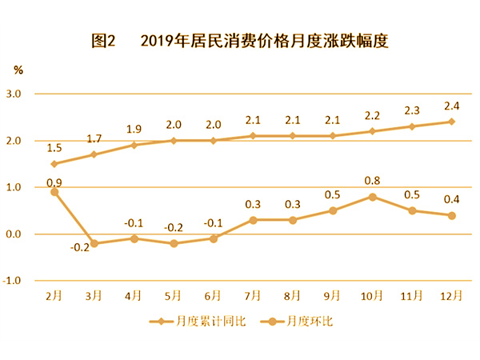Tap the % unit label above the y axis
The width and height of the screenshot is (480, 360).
[x=18, y=70]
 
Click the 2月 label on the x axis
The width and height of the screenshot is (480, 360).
[x=54, y=296]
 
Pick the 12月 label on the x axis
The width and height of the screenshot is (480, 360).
[x=450, y=296]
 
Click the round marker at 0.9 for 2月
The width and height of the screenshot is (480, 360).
[x=54, y=192]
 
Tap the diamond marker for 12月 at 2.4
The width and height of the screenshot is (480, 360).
[x=451, y=122]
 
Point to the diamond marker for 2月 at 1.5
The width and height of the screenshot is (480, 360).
[x=54, y=164]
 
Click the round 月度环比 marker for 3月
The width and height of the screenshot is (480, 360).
[x=94, y=243]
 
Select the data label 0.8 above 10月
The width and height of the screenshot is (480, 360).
[x=373, y=181]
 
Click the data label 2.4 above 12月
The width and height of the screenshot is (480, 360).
[x=450, y=105]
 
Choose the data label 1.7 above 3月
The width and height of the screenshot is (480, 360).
[x=94, y=138]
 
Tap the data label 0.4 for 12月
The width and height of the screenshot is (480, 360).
[x=450, y=199]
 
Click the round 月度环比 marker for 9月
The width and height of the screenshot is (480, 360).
[x=332, y=210]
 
